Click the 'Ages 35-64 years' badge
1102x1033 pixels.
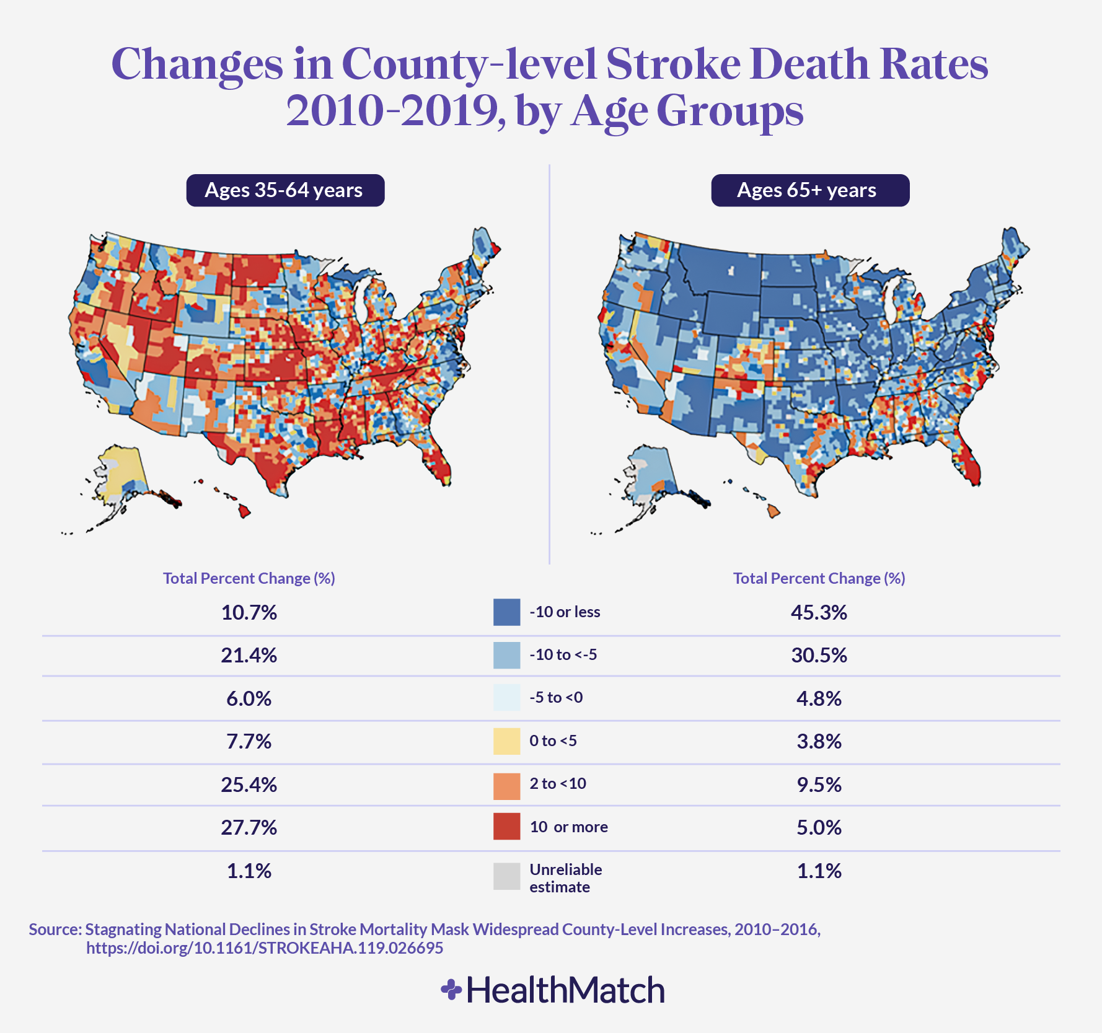click(x=285, y=190)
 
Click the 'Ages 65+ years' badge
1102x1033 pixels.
click(x=809, y=190)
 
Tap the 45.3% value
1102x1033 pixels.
click(x=818, y=613)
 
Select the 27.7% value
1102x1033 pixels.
click(x=249, y=828)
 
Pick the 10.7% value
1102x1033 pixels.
click(x=249, y=613)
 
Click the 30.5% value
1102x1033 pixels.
click(x=818, y=656)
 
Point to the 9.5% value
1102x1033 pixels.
click(x=818, y=785)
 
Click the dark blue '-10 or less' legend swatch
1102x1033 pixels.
click(x=506, y=612)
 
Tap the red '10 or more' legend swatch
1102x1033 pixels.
click(x=506, y=827)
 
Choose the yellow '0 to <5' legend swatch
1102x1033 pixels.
click(x=506, y=741)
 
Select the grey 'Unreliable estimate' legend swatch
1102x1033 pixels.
click(x=506, y=876)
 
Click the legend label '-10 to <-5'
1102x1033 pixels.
click(x=563, y=655)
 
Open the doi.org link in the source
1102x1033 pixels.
click(x=265, y=948)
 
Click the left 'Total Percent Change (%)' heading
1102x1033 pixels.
click(x=249, y=579)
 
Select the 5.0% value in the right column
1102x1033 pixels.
click(x=818, y=828)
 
